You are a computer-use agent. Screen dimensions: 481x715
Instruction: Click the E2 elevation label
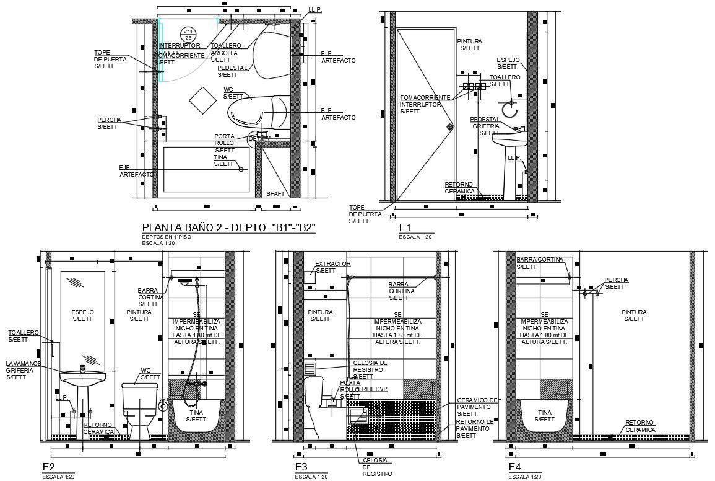point(48,467)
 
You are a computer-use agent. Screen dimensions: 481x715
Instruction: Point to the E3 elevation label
point(301,467)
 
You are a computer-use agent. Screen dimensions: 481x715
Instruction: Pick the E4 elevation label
point(515,467)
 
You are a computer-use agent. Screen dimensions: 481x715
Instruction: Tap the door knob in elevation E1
point(450,127)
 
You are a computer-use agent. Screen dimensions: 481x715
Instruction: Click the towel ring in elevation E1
point(509,110)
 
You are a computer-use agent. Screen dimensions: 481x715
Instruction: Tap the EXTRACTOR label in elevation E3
point(333,264)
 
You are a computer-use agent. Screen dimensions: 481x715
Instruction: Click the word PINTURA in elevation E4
point(635,312)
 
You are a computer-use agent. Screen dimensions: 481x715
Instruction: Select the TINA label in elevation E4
point(544,412)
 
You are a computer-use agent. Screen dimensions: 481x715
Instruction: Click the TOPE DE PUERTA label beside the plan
point(110,59)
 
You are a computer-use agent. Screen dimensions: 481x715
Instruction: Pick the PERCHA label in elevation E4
point(616,280)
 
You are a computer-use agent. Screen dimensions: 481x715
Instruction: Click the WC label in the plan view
point(228,89)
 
